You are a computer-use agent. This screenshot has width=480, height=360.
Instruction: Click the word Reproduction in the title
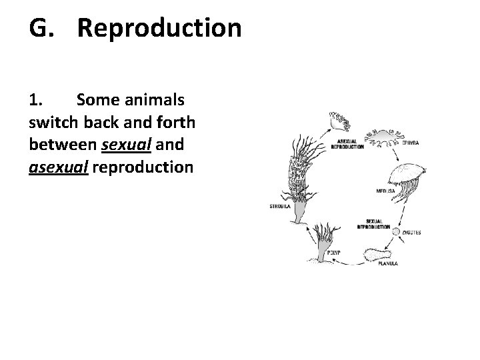point(159,28)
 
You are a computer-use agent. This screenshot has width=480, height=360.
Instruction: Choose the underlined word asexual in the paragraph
point(58,166)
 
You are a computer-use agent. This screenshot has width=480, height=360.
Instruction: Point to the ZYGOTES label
point(411,233)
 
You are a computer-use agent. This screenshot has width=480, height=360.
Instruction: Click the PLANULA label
point(387,263)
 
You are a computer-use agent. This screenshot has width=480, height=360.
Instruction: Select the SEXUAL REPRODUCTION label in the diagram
point(373,224)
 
